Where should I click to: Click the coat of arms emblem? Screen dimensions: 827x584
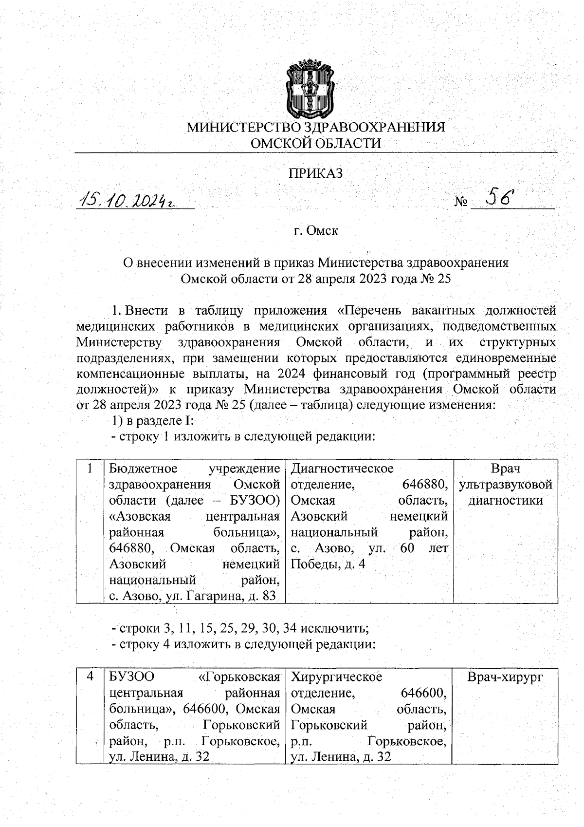click(308, 88)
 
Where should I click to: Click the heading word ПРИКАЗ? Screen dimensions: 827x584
click(316, 173)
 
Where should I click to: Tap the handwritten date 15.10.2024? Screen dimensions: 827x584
click(128, 200)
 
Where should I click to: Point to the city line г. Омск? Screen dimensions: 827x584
click(316, 230)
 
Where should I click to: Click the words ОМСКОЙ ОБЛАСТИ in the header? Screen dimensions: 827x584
click(316, 143)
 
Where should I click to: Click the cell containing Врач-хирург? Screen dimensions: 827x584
click(505, 677)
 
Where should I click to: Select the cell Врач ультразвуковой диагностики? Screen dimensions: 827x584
click(505, 485)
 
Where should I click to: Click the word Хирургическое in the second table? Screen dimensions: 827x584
click(336, 677)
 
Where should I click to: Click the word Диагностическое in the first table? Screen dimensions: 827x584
click(342, 469)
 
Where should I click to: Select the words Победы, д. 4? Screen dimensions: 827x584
click(328, 564)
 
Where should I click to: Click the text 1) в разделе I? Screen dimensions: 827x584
click(153, 420)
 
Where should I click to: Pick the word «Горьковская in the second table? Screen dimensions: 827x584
click(239, 677)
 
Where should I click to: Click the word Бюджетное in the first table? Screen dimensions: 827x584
click(143, 469)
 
